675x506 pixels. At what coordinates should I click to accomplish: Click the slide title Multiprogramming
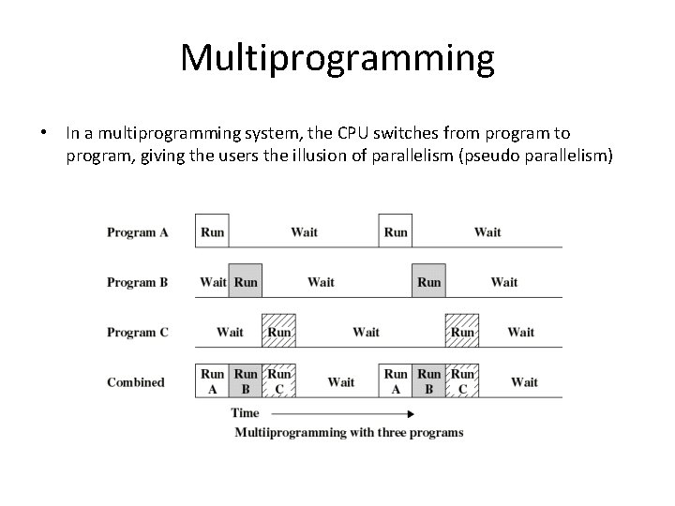pyautogui.click(x=337, y=58)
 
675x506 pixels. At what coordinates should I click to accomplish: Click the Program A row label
pyautogui.click(x=137, y=231)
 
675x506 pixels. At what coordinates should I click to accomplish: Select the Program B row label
pyautogui.click(x=137, y=282)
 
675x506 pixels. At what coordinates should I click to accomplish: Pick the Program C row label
pyautogui.click(x=137, y=333)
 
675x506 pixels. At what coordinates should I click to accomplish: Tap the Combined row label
pyautogui.click(x=136, y=382)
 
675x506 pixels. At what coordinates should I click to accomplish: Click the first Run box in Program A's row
pyautogui.click(x=212, y=231)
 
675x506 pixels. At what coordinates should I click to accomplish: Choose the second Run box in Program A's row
pyautogui.click(x=396, y=231)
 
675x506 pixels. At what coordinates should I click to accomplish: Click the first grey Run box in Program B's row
pyautogui.click(x=246, y=282)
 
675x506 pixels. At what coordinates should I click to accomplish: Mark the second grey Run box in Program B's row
pyautogui.click(x=428, y=282)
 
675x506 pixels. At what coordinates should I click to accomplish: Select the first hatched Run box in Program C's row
pyautogui.click(x=278, y=332)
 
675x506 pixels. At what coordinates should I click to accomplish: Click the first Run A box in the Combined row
pyautogui.click(x=212, y=381)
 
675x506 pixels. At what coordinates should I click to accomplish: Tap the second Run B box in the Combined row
pyautogui.click(x=428, y=381)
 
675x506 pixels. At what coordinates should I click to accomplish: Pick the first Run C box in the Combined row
pyautogui.click(x=278, y=381)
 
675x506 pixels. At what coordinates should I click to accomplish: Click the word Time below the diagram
pyautogui.click(x=245, y=413)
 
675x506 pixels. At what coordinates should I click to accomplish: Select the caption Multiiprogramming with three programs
pyautogui.click(x=348, y=432)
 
